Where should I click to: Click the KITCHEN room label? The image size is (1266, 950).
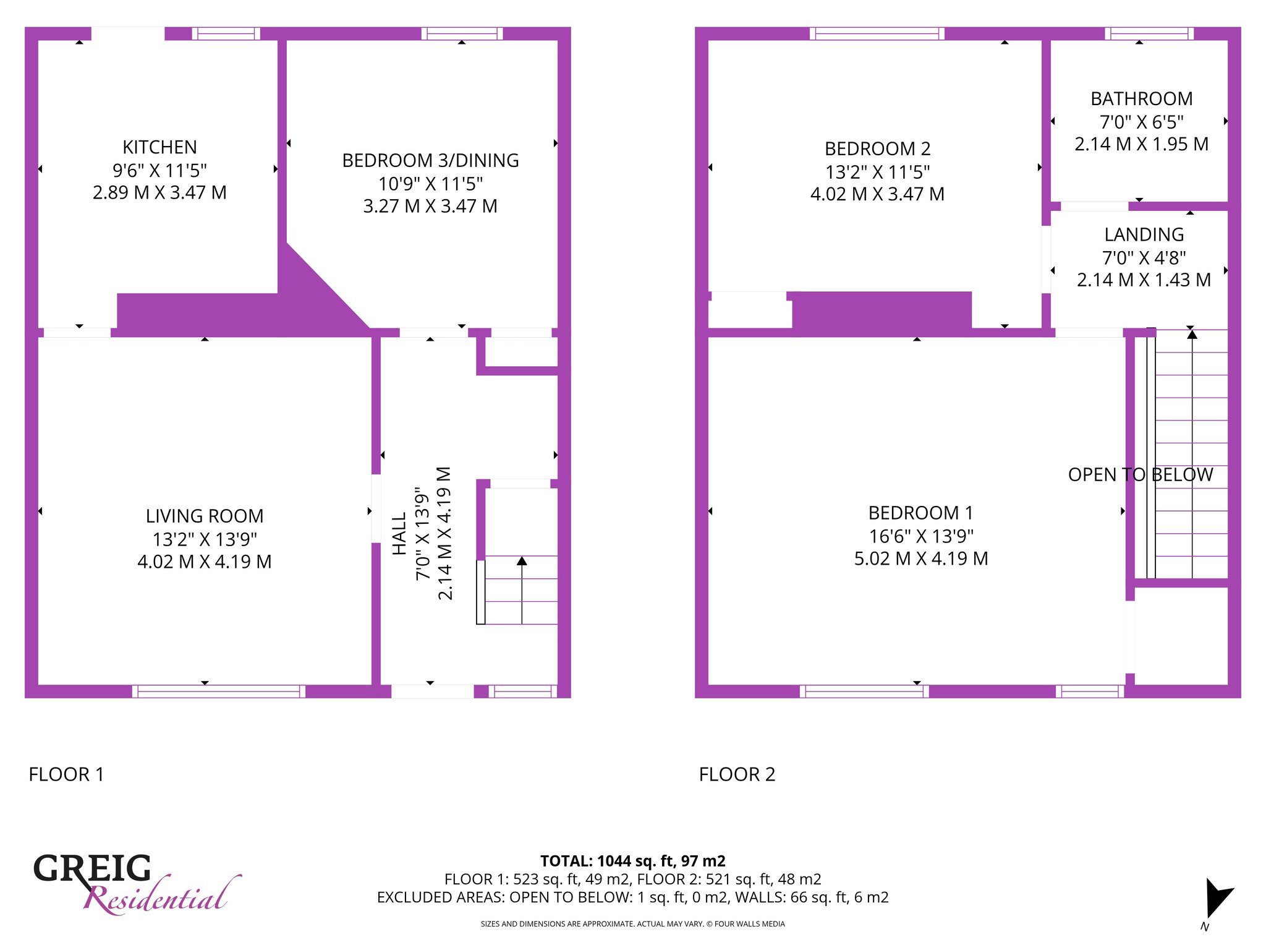tap(159, 147)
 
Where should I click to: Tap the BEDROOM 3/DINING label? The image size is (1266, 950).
tap(430, 161)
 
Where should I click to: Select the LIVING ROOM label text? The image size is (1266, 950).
tap(205, 516)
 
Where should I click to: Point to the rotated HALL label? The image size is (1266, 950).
tap(399, 533)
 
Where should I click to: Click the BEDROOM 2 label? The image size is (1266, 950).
tap(877, 149)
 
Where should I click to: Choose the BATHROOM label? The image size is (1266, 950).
tap(1141, 99)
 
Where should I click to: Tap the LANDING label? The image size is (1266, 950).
tap(1144, 235)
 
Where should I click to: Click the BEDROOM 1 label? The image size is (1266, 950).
tap(920, 513)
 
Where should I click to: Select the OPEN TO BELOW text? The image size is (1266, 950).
tap(1141, 475)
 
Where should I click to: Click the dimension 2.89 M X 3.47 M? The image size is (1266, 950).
tap(159, 192)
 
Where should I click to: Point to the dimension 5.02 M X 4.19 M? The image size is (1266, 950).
tap(921, 558)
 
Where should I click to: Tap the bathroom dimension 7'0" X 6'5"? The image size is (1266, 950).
tap(1141, 122)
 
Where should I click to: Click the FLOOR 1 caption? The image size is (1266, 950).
tap(66, 774)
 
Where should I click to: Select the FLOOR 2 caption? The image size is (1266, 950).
tap(737, 774)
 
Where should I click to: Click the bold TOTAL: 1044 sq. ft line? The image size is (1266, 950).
tap(633, 861)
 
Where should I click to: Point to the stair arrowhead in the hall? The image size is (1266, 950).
tap(522, 561)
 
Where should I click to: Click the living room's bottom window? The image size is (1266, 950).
tap(219, 691)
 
